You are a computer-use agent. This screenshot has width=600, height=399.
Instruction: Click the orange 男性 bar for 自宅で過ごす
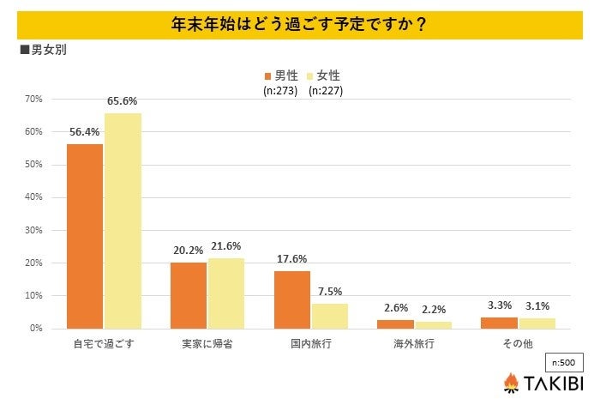point(85,236)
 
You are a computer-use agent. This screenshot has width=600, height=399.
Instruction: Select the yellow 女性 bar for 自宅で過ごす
point(123,221)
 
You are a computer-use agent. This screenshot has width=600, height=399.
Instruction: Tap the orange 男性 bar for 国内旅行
point(292,299)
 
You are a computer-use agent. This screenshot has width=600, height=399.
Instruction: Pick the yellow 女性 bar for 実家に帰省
point(226,293)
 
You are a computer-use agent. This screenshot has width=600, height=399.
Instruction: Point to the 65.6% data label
point(123,101)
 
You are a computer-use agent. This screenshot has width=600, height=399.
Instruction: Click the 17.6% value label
point(291,258)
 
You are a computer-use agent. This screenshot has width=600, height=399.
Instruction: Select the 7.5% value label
point(330,291)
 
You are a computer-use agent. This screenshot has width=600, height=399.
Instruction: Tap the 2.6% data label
point(395,307)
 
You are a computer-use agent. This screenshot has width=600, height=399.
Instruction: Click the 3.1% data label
point(537,305)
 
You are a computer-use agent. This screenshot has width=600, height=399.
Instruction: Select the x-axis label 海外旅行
point(414,344)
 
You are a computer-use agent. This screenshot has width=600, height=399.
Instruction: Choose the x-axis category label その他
point(518,344)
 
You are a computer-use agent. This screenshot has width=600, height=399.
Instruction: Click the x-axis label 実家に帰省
point(207,344)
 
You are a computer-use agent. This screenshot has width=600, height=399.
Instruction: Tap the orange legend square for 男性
point(267,76)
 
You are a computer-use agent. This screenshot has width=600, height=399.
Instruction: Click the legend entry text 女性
point(328,76)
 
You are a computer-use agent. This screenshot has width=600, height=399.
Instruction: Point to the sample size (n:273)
point(279,91)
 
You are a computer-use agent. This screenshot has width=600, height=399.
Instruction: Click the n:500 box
point(563,362)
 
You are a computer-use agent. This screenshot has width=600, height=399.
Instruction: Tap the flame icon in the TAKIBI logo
point(511,382)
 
